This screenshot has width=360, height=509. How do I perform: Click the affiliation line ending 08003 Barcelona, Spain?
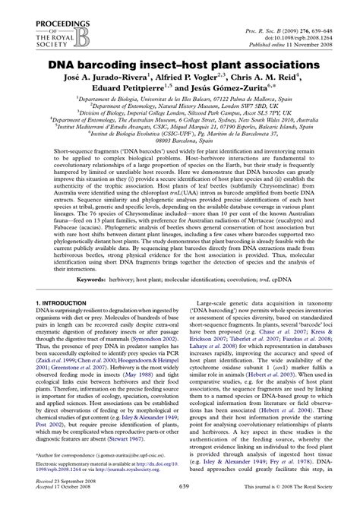pos(180,141)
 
